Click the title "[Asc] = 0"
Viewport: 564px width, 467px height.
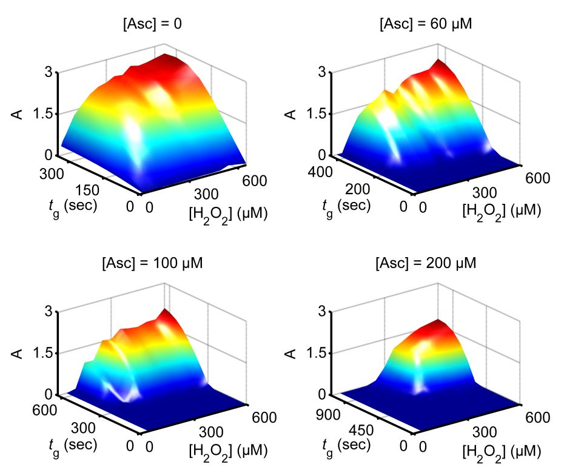(x=149, y=24)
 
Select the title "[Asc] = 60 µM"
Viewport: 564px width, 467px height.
(x=425, y=24)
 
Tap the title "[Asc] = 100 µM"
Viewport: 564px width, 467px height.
(x=152, y=264)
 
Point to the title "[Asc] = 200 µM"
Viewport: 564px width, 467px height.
(x=425, y=264)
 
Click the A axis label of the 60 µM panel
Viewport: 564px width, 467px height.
(x=293, y=113)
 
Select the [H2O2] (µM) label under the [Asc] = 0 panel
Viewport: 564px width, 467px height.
(x=227, y=213)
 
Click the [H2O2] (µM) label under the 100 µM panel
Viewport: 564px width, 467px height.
(x=227, y=452)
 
